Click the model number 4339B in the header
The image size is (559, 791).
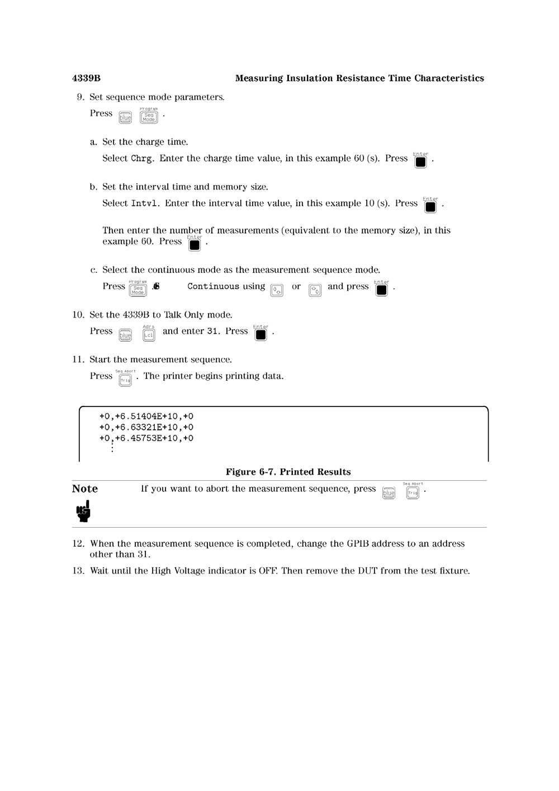[86, 78]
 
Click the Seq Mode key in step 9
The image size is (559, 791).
[149, 117]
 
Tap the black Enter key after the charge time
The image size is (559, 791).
[421, 162]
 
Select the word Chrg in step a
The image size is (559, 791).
[141, 159]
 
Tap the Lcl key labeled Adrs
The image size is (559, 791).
[149, 335]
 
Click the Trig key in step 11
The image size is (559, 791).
[125, 380]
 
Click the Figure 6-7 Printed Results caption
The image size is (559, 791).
[288, 472]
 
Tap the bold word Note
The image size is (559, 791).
[85, 489]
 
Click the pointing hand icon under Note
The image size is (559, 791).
[83, 511]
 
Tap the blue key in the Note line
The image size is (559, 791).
[389, 493]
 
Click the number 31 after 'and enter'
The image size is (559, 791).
[212, 331]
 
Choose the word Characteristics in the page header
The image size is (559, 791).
[449, 78]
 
